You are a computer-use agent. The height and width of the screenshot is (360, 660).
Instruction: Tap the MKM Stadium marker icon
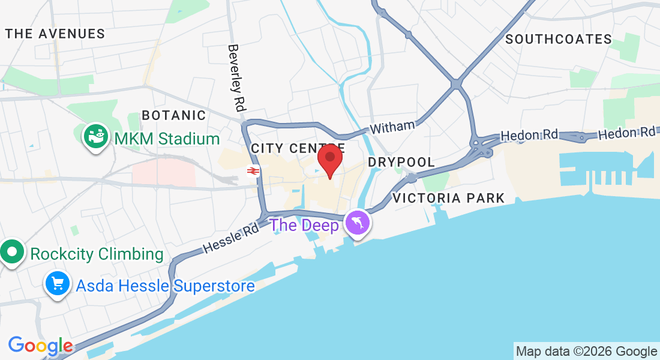point(95,137)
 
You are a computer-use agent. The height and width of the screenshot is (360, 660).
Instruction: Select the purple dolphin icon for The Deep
point(358,224)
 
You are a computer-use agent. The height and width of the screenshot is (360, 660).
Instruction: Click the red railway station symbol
point(253,172)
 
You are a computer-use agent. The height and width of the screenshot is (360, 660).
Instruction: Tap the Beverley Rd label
point(237,78)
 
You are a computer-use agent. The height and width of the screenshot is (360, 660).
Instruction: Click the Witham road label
point(392,127)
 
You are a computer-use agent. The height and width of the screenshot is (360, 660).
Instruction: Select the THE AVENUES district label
point(55,34)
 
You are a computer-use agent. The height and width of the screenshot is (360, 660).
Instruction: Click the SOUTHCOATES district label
point(559,40)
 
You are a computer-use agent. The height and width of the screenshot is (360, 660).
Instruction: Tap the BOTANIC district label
point(173,115)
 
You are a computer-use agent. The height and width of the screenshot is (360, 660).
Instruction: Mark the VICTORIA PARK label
point(449,198)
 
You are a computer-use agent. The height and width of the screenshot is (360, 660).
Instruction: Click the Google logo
point(40,346)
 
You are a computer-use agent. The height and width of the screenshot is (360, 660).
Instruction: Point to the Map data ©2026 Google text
point(586,352)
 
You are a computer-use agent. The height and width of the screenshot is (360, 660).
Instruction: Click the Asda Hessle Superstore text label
point(165,286)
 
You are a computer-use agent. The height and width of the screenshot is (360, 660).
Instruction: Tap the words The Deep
point(304,226)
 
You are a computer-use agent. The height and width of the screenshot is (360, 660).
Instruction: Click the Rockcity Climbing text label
point(97,254)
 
